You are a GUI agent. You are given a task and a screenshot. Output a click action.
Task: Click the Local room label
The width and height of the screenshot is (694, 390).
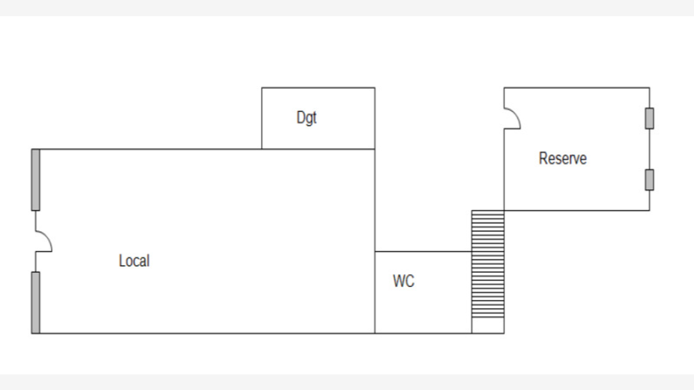(134, 261)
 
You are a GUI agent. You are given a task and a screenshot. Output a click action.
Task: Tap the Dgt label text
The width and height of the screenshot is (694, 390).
(307, 118)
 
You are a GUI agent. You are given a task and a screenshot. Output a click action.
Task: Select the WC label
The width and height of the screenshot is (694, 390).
(404, 281)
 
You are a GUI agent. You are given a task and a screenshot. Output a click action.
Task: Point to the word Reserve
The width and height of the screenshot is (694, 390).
(563, 158)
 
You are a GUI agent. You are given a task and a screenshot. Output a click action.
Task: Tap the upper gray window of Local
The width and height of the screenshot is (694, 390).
(35, 179)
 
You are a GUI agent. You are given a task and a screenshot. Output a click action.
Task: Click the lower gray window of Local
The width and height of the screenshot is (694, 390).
(35, 303)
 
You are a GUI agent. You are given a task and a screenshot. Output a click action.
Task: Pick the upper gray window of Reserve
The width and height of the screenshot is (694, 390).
(649, 118)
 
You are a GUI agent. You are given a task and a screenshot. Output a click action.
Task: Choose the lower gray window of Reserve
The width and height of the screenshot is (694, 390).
(649, 179)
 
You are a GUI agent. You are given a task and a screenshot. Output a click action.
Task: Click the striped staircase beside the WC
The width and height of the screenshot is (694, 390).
(488, 264)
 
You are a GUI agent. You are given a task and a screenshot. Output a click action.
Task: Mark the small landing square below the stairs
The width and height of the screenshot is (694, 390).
(488, 326)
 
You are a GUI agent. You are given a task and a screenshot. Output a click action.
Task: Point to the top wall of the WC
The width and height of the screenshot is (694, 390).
(423, 252)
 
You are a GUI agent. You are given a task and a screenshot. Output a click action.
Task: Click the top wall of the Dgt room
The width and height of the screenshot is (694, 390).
(319, 87)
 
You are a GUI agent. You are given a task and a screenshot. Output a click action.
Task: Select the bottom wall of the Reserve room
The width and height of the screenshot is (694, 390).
(577, 211)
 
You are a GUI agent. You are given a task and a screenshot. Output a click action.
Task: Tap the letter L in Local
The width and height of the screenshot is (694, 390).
(122, 261)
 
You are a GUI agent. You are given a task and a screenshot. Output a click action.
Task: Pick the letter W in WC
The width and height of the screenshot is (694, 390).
(399, 281)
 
